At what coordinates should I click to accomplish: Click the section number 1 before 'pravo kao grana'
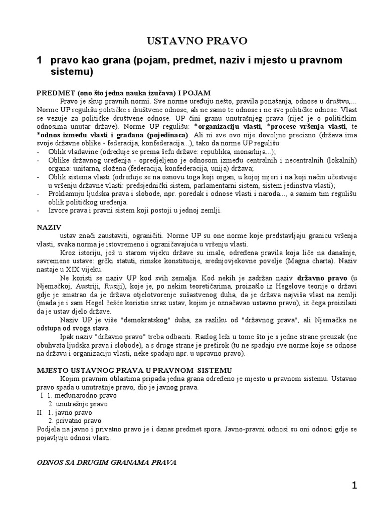coord(38,60)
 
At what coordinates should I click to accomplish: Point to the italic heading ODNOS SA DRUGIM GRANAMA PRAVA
coord(107,461)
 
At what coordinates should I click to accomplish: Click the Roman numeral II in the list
coord(41,412)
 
